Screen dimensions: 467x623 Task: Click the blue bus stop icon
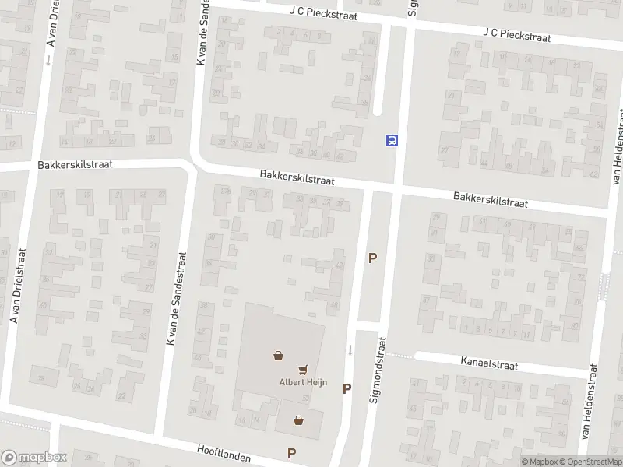pos(392,140)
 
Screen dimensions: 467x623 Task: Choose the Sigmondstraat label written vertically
pos(382,369)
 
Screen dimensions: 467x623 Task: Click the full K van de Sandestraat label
pos(175,298)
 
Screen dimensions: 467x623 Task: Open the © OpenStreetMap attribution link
pos(589,462)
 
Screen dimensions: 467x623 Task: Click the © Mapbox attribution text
pos(539,462)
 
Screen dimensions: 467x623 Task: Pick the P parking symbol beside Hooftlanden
pos(292,453)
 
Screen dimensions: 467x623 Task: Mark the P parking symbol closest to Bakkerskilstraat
pos(372,258)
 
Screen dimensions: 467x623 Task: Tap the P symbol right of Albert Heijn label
pos(347,388)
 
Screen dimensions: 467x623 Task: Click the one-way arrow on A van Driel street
pos(48,59)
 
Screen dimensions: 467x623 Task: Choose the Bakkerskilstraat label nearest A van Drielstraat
pos(76,165)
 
